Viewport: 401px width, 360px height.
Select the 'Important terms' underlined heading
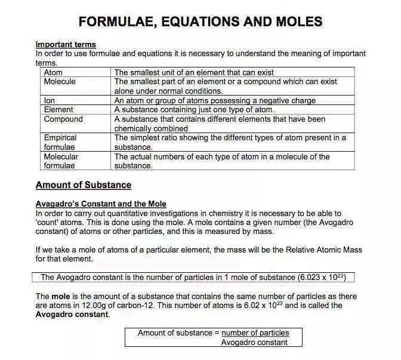(x=66, y=45)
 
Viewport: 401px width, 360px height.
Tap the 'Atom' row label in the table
(x=53, y=72)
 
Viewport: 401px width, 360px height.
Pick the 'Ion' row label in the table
(x=50, y=100)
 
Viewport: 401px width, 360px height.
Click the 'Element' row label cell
(x=58, y=109)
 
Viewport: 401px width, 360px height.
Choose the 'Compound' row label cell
(x=63, y=119)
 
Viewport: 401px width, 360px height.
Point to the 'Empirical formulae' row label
(x=60, y=142)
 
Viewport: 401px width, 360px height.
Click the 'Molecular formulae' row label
(x=61, y=161)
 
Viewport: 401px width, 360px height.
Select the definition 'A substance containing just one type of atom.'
(x=195, y=109)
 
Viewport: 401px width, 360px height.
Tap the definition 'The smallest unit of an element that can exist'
(x=194, y=72)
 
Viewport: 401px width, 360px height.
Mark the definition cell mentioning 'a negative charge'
(x=215, y=100)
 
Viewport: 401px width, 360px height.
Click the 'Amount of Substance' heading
(x=84, y=185)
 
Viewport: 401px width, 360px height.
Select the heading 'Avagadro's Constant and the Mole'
(x=101, y=204)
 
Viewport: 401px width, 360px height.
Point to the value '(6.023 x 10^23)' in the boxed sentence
(x=322, y=277)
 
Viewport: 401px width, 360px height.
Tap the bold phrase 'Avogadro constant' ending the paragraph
(x=72, y=315)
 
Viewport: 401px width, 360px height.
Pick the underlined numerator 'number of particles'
(x=255, y=333)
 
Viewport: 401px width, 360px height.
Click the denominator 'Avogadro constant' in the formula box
(x=254, y=342)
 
